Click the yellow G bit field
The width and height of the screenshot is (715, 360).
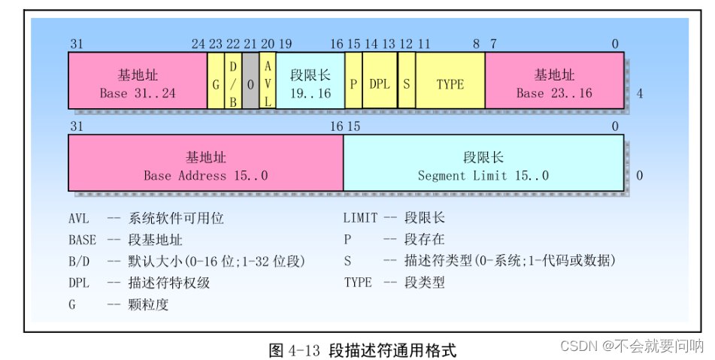[x=216, y=84]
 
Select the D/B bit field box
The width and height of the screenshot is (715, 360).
[x=233, y=84]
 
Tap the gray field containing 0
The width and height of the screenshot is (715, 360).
[x=250, y=84]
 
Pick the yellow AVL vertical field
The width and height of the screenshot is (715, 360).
[x=268, y=84]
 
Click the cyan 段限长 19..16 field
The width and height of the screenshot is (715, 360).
[x=310, y=84]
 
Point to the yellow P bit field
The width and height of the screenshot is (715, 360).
[x=353, y=84]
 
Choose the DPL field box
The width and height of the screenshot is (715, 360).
[x=380, y=84]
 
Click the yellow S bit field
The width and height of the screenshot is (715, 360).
[x=406, y=84]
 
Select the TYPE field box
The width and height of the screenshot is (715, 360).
[x=450, y=84]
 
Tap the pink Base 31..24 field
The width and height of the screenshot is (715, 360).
[x=138, y=84]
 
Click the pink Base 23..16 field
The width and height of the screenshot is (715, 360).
[x=554, y=84]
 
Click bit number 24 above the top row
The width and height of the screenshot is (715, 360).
[x=198, y=44]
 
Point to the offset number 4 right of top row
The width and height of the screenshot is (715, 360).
[x=639, y=94]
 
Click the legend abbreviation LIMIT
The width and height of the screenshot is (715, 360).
[x=361, y=219]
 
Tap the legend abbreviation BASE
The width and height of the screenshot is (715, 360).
[x=82, y=241]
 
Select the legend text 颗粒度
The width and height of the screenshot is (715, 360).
[x=149, y=304]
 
